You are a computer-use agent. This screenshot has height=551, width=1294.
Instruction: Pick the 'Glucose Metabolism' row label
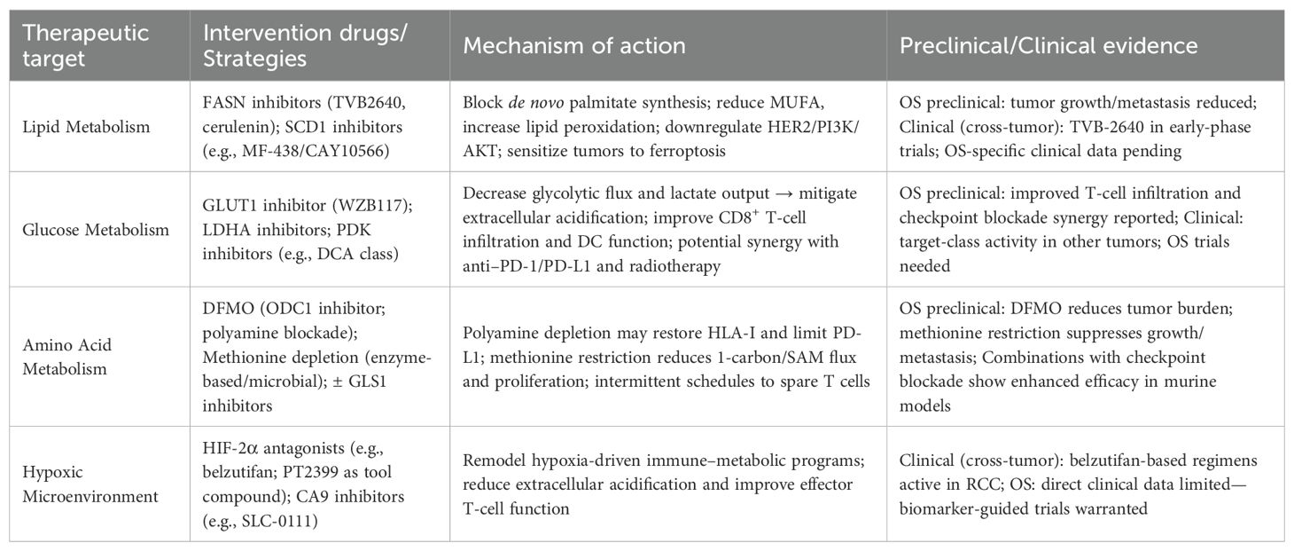point(96,230)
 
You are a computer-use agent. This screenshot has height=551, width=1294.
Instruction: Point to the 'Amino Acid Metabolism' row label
point(67,356)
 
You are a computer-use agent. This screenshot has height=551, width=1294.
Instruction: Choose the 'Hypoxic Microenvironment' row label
point(91,484)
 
